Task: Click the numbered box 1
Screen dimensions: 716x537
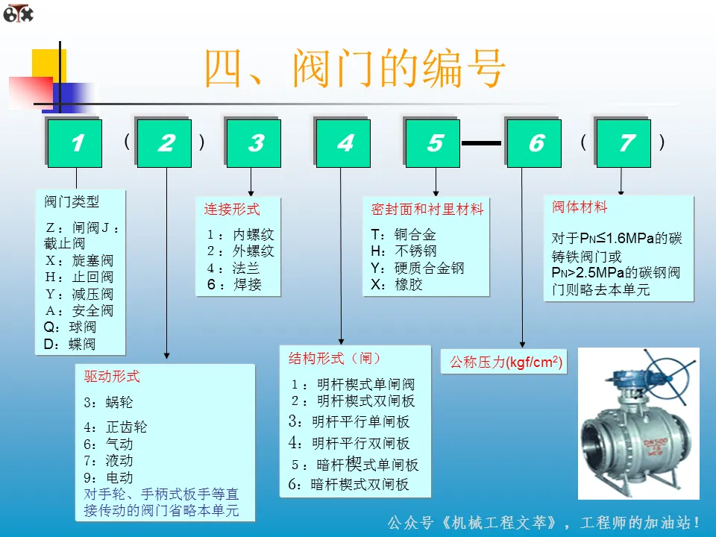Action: click(x=76, y=143)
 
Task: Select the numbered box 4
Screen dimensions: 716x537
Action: click(x=345, y=143)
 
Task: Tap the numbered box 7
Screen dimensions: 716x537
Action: click(x=625, y=143)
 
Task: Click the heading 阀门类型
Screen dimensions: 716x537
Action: click(x=72, y=201)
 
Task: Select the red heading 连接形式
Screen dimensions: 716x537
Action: click(x=232, y=210)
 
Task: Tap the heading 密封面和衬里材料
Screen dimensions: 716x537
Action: click(x=427, y=210)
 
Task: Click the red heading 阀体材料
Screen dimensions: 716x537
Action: click(x=580, y=207)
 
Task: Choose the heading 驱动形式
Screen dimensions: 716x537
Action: click(x=112, y=376)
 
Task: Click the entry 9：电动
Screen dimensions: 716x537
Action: click(x=108, y=477)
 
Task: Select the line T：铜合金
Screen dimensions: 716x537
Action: click(x=403, y=233)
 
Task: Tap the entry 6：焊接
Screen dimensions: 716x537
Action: click(x=235, y=284)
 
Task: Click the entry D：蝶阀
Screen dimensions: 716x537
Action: click(x=70, y=344)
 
